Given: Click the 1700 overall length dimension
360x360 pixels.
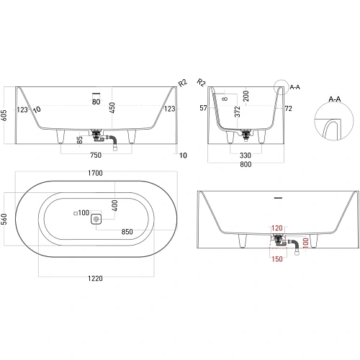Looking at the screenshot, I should click(95, 174).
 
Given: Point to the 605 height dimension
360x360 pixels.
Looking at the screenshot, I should click(6, 117).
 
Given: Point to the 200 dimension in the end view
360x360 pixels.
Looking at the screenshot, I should click(246, 95).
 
